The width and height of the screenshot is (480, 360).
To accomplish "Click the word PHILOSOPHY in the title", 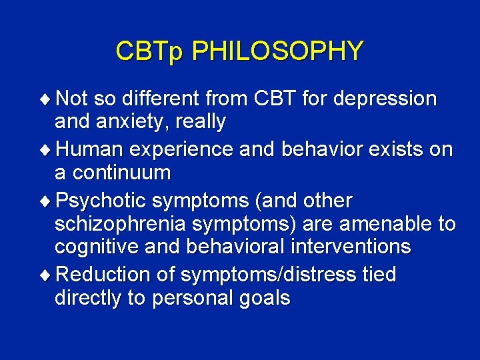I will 277,51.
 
